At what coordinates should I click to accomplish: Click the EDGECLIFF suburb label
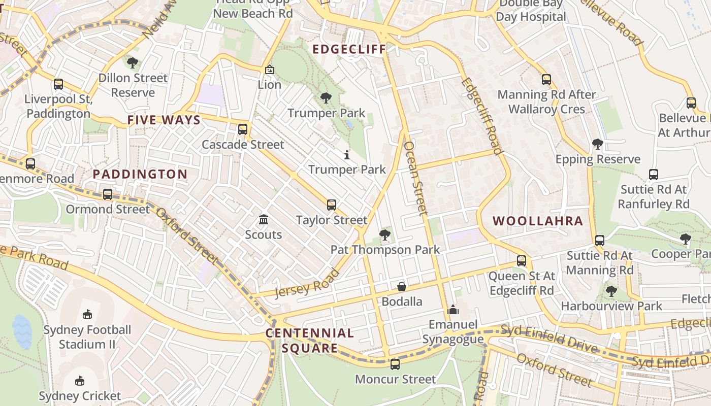349,49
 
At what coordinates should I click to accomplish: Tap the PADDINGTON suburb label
140,174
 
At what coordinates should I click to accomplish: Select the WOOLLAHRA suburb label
538,221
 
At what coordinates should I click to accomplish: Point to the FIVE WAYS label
164,120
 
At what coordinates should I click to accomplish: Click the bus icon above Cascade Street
243,129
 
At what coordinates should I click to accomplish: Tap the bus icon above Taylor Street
331,205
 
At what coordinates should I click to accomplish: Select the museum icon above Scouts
263,220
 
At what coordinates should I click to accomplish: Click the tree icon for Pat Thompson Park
385,235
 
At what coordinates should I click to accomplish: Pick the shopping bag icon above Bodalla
402,287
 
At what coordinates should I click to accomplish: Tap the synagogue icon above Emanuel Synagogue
453,310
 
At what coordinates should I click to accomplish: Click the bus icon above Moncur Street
395,364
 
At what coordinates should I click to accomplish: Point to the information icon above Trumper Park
347,155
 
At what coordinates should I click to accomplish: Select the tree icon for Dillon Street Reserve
133,63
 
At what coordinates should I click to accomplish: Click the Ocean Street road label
414,178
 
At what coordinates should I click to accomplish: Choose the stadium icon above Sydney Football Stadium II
87,315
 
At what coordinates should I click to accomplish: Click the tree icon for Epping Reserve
598,144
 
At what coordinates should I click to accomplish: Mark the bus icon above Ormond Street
108,194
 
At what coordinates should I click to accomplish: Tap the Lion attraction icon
269,70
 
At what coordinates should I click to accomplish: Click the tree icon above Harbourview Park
611,291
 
